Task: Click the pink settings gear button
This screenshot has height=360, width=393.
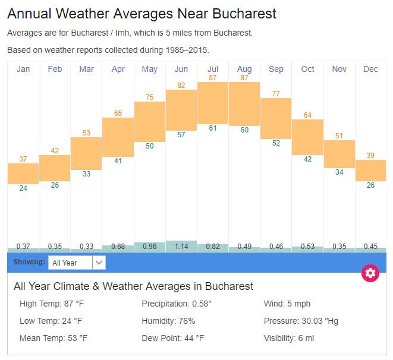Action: (370, 273)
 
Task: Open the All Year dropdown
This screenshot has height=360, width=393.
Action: (77, 262)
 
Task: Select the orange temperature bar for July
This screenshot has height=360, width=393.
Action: (213, 103)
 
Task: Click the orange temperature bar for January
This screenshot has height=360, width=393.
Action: (23, 173)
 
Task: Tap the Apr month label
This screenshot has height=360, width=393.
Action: (118, 70)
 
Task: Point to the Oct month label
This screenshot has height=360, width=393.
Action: (307, 70)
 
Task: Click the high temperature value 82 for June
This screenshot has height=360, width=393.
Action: (181, 86)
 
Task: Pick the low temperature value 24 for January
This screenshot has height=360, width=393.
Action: (23, 188)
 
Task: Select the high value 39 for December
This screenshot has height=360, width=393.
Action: (370, 156)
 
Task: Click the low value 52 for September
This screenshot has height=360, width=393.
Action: (276, 143)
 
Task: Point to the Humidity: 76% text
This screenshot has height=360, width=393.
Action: (168, 321)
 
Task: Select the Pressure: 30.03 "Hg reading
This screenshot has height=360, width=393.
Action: (301, 321)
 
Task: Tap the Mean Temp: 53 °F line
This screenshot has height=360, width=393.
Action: (54, 339)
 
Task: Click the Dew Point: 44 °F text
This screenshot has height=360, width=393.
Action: (173, 339)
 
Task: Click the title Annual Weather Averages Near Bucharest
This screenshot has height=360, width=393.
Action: (142, 14)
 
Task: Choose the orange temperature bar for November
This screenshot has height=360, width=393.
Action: (339, 154)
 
